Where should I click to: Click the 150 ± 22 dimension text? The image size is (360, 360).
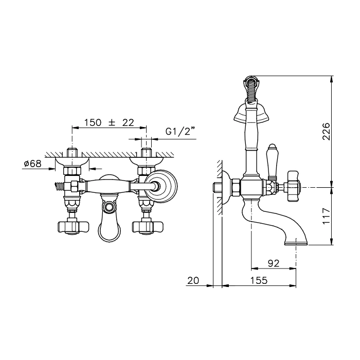click(x=109, y=123)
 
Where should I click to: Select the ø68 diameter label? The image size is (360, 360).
click(x=33, y=164)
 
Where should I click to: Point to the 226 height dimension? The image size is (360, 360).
click(x=326, y=131)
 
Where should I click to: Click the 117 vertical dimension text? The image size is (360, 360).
click(x=326, y=216)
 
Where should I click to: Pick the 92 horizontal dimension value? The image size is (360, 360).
click(x=274, y=263)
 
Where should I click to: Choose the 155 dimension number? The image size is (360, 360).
click(x=259, y=280)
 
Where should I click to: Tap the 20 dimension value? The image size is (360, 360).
click(x=193, y=280)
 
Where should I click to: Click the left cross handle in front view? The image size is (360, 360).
click(x=73, y=227)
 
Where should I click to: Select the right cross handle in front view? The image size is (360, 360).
click(x=147, y=227)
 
